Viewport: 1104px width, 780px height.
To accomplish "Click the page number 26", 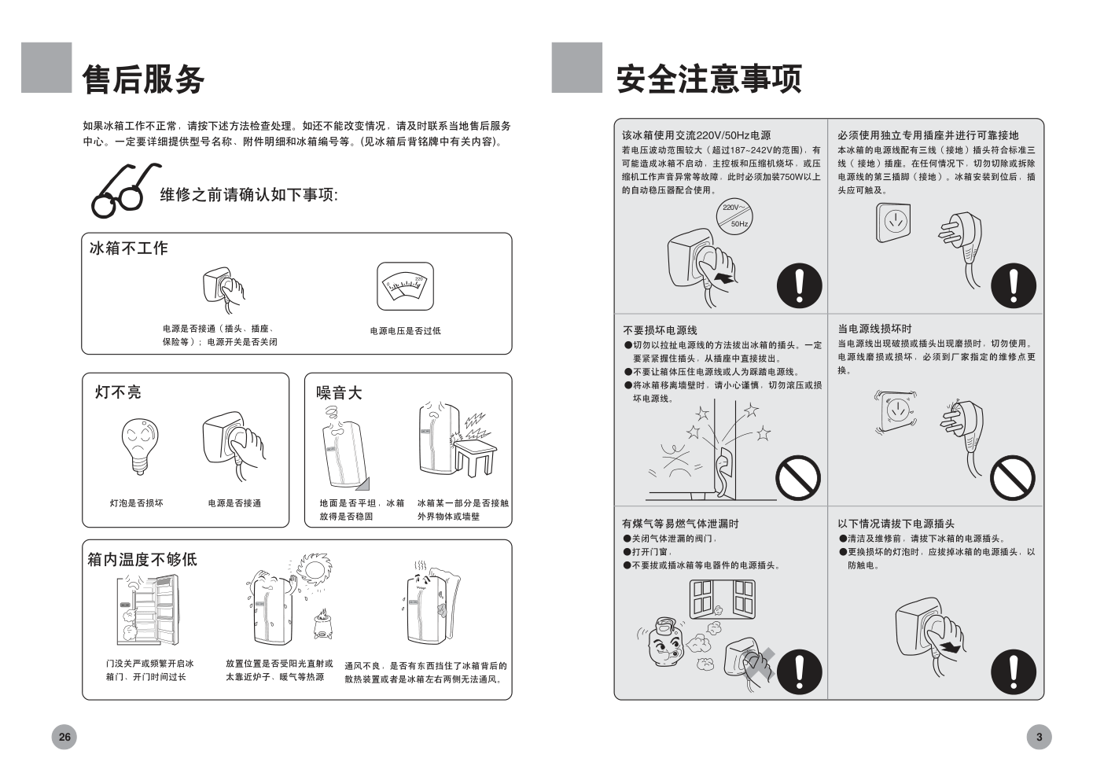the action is pyautogui.click(x=64, y=737).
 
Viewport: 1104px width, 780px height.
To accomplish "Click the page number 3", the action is pyautogui.click(x=1039, y=737).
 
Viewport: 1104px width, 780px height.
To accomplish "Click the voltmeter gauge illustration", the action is pyautogui.click(x=405, y=286).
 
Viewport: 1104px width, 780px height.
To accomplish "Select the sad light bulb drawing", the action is pyautogui.click(x=140, y=446).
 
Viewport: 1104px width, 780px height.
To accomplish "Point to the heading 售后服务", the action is pyautogui.click(x=143, y=79).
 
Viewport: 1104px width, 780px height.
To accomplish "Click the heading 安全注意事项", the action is pyautogui.click(x=708, y=79).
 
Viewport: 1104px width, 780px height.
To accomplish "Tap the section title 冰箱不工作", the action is pyautogui.click(x=129, y=248).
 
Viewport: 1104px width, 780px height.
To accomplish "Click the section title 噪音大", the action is pyautogui.click(x=339, y=392).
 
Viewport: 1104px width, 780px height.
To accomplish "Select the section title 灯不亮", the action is pyautogui.click(x=118, y=392).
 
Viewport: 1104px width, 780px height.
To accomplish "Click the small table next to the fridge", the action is pyautogui.click(x=475, y=458).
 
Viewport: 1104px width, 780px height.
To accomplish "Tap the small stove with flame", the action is pyautogui.click(x=322, y=624).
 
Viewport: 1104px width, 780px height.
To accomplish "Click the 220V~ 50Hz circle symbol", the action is pyautogui.click(x=735, y=216).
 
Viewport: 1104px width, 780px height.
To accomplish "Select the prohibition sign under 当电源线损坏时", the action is pyautogui.click(x=1014, y=478).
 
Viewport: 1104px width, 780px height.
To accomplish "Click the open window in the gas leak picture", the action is pyautogui.click(x=722, y=599).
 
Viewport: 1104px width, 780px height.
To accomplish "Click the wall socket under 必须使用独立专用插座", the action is pyautogui.click(x=893, y=223).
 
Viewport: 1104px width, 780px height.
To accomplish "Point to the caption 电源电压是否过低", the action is pyautogui.click(x=406, y=331).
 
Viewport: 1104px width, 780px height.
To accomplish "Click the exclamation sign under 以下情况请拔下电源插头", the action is pyautogui.click(x=1014, y=672).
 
